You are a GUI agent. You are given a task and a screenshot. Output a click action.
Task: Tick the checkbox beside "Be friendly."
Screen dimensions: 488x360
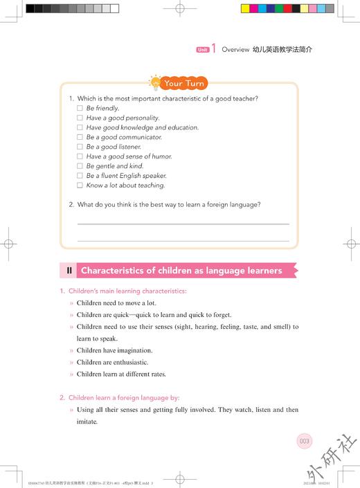click(x=80, y=109)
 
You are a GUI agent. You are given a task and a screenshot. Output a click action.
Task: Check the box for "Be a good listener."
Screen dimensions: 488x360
click(x=80, y=147)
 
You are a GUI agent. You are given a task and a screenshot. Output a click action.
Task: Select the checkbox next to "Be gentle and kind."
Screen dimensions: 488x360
click(x=80, y=167)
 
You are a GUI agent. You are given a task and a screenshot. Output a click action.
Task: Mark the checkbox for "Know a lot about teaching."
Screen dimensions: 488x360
click(x=80, y=186)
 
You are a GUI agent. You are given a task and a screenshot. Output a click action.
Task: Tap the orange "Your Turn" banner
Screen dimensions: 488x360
click(x=186, y=83)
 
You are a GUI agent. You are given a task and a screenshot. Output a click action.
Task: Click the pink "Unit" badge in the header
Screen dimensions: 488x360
click(x=202, y=50)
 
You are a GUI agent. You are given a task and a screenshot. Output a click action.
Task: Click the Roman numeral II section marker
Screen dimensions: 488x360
click(x=69, y=271)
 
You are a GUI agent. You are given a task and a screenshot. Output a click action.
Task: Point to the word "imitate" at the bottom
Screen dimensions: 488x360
click(x=87, y=422)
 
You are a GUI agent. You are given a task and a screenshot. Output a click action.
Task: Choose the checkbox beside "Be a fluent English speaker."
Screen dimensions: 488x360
click(x=80, y=176)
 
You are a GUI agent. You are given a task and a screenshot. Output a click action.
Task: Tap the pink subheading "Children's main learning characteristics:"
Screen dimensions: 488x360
click(x=127, y=291)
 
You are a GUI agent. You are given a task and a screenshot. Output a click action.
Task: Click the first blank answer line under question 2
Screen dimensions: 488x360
click(x=183, y=224)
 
